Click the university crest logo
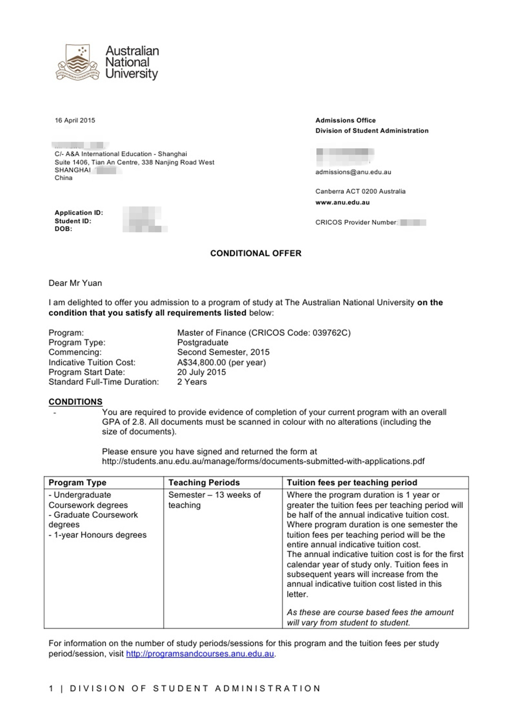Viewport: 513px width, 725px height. pos(77,62)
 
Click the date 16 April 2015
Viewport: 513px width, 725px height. pos(75,120)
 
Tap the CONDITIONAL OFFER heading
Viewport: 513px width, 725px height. pos(256,253)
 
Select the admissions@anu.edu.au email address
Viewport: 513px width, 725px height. pos(353,172)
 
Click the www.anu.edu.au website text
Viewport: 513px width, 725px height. pos(342,202)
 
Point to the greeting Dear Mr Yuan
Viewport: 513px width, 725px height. pos(75,283)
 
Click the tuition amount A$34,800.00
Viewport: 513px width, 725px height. pos(202,362)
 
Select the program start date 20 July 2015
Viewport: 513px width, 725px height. pos(202,372)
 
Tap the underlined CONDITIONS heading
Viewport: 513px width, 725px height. pos(75,402)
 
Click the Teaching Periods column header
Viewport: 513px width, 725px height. pos(204,483)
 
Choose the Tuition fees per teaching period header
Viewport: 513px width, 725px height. pos(352,483)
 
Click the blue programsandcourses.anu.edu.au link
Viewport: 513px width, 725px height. pos(200,654)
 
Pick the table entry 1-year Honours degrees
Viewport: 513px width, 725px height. pos(100,535)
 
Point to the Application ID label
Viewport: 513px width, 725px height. pos(79,213)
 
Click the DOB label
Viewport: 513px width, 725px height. pos(63,229)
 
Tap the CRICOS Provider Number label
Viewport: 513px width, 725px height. pos(356,223)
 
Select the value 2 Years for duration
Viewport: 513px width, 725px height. pos(192,382)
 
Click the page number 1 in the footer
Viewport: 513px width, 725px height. pos(51,688)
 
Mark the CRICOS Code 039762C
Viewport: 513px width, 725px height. pos(331,333)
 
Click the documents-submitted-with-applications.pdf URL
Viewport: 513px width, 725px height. pos(263,461)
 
